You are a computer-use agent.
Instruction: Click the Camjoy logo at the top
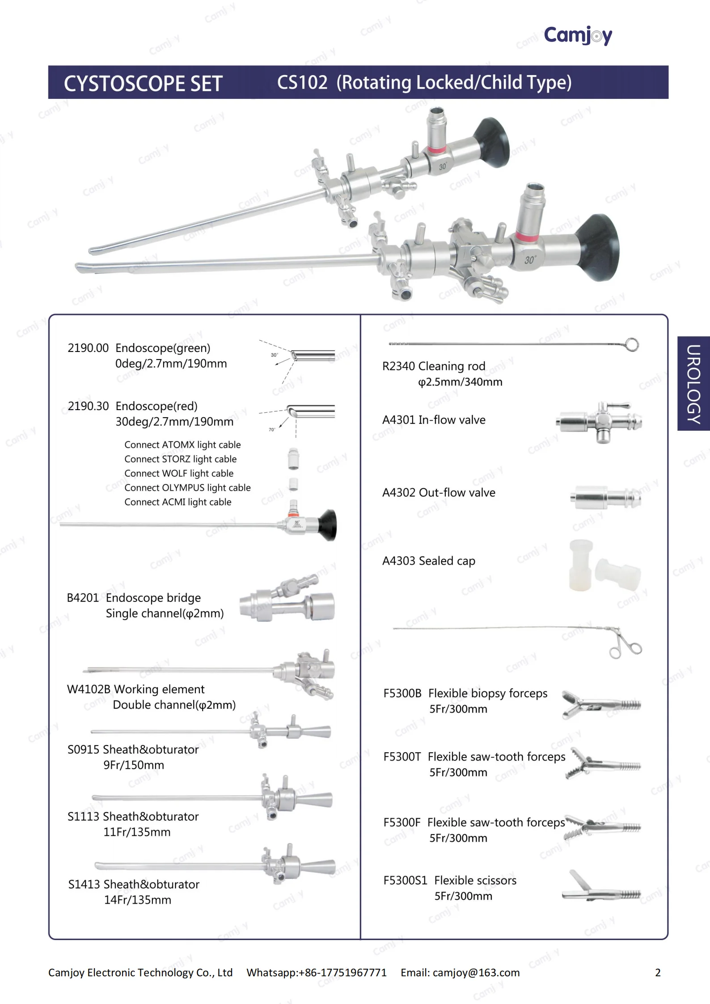click(578, 35)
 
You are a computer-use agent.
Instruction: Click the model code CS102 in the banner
click(302, 83)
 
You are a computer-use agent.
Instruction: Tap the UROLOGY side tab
click(693, 383)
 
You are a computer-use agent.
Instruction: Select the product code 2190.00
click(88, 348)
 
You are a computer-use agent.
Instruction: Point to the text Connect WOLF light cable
click(179, 473)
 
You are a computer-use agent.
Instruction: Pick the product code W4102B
click(89, 689)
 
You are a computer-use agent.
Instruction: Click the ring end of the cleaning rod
click(632, 345)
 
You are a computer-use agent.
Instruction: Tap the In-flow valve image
click(599, 422)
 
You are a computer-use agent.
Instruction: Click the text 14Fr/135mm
click(138, 900)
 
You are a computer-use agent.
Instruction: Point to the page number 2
click(657, 972)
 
